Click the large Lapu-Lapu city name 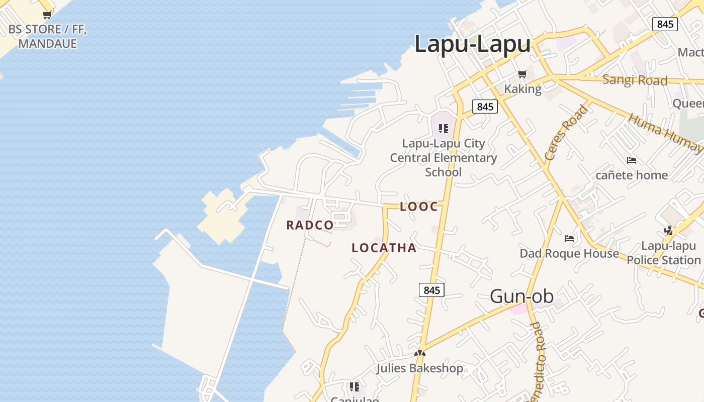[472, 44]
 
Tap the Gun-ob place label [521, 296]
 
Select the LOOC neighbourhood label [419, 207]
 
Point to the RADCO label [310, 225]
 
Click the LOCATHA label [384, 248]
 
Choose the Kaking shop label [523, 89]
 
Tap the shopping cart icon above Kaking [522, 74]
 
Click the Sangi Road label [635, 80]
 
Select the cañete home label [632, 175]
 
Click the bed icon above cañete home [632, 160]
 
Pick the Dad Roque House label [569, 253]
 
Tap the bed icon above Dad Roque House [569, 238]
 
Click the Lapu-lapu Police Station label [664, 253]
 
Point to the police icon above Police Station [668, 230]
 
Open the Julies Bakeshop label [420, 368]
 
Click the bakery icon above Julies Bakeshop [420, 353]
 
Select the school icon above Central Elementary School [443, 128]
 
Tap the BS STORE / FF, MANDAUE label [48, 36]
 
